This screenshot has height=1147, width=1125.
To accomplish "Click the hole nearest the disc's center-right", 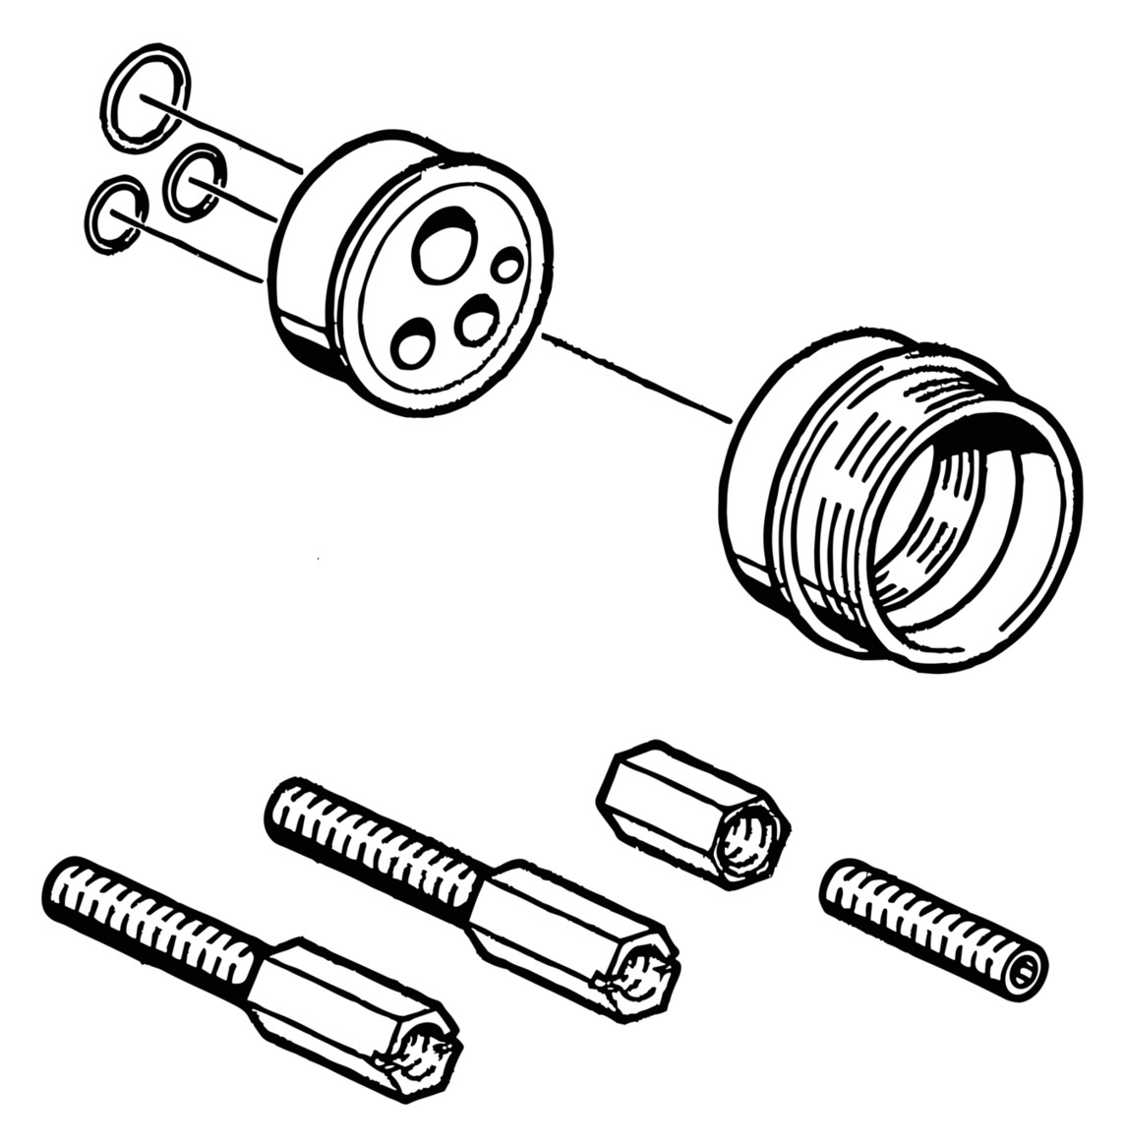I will [x=477, y=322].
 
